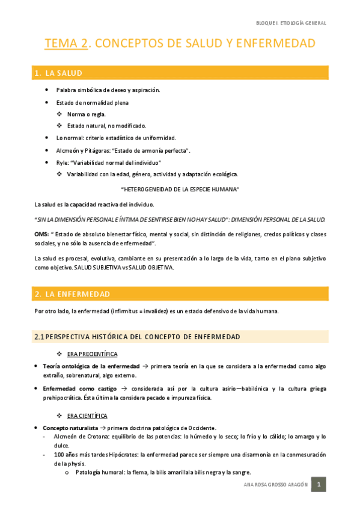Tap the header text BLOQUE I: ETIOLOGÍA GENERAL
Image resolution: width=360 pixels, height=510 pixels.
click(291, 23)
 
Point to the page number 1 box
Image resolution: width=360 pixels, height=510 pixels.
click(319, 485)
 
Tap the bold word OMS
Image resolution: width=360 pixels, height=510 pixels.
click(41, 234)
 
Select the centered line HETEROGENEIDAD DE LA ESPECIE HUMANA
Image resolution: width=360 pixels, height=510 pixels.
click(180, 189)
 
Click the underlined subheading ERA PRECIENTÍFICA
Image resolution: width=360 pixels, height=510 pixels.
click(92, 354)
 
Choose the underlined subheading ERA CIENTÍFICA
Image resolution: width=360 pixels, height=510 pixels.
click(87, 416)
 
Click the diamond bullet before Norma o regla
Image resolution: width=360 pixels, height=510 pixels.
click(59, 114)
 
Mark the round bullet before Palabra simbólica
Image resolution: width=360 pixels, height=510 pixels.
click(47, 90)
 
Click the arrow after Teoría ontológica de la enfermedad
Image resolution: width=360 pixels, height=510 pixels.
click(145, 366)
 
